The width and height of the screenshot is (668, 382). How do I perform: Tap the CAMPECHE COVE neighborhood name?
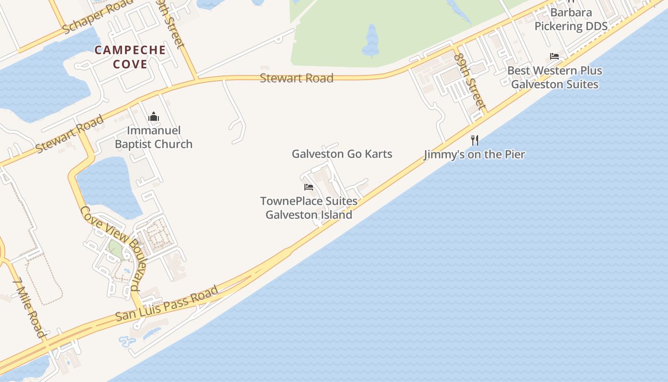130,57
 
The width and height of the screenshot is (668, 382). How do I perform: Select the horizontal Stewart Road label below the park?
296,78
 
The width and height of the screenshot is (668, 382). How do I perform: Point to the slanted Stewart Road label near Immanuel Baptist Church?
70,134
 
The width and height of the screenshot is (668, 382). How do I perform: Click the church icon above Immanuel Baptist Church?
154,117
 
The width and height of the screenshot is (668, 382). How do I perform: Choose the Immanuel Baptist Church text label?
154,137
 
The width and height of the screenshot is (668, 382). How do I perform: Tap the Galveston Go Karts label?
342,154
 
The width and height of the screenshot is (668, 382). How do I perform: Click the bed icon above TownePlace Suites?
309,187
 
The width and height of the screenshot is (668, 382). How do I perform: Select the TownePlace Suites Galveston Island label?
309,208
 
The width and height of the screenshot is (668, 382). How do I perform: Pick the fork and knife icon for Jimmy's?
474,140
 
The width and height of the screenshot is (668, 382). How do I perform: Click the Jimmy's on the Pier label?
474,154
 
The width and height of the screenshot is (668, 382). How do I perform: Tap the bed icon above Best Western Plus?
554,56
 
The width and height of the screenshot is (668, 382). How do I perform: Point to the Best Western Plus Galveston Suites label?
554,77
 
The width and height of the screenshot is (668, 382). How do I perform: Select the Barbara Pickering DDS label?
571,19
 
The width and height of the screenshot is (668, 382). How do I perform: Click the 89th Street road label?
470,80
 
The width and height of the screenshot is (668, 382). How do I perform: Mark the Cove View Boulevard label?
111,249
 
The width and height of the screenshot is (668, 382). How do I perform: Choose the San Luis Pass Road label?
167,303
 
